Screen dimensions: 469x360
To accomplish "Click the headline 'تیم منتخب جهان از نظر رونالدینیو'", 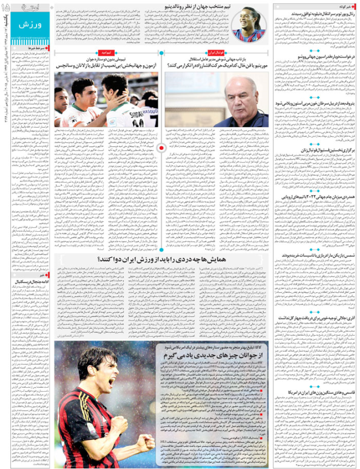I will (199, 7).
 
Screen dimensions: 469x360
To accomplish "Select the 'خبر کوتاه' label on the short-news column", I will (338, 5).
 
